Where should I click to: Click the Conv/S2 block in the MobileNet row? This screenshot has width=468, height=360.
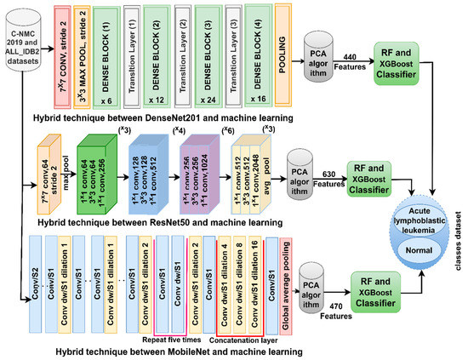click(34, 280)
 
